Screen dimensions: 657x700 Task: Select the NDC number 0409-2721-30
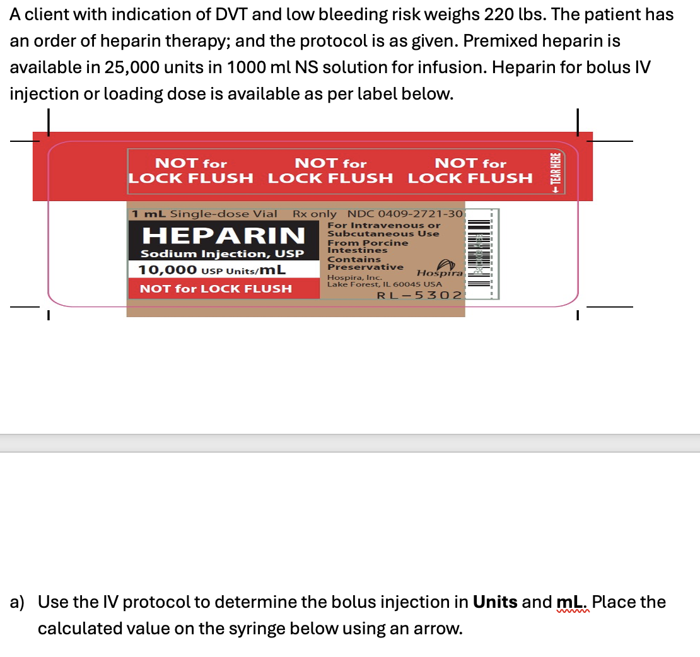(405, 214)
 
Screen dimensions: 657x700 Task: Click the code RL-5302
(419, 295)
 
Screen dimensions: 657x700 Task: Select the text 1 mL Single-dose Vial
(204, 214)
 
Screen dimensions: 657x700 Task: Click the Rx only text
(315, 214)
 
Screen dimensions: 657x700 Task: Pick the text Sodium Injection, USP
(222, 253)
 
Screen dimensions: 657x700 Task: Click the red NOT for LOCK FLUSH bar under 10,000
(216, 289)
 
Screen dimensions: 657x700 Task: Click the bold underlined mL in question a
(572, 602)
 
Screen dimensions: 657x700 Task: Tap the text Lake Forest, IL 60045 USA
(384, 284)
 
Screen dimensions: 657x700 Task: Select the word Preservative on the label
(365, 267)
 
